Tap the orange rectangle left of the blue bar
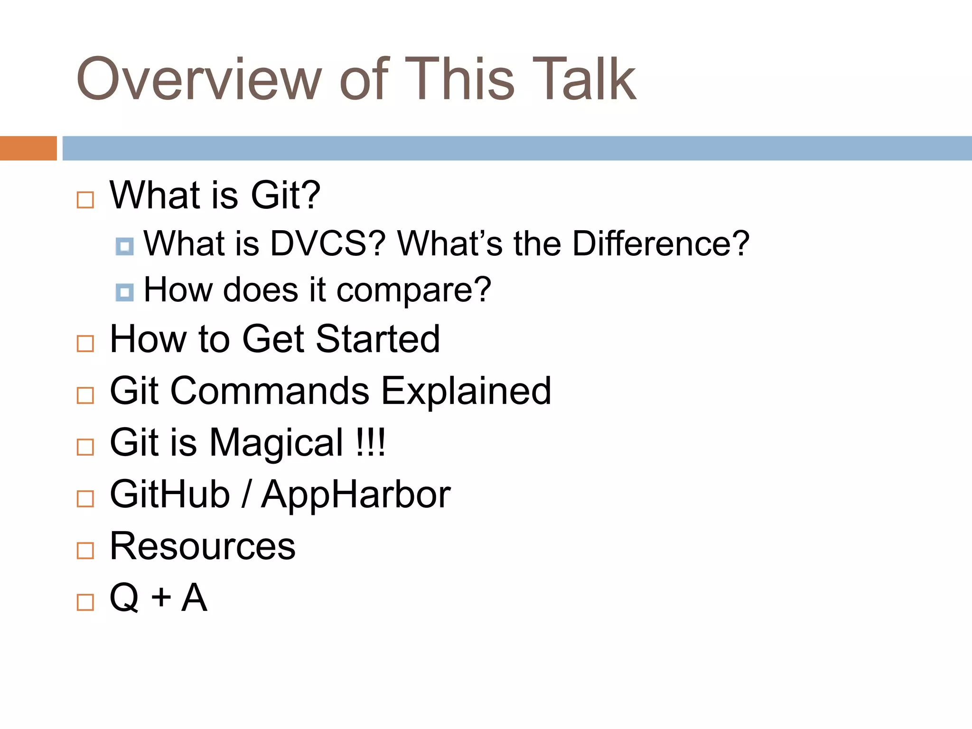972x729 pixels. pyautogui.click(x=28, y=148)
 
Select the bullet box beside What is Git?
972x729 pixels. pyautogui.click(x=85, y=200)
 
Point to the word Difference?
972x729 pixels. pyautogui.click(x=661, y=244)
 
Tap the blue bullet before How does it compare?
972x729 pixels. pyautogui.click(x=124, y=292)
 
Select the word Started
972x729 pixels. pyautogui.click(x=378, y=339)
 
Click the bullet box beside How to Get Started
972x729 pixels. pyautogui.click(x=85, y=344)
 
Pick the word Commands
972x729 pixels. pyautogui.click(x=270, y=391)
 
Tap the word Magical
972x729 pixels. pyautogui.click(x=276, y=443)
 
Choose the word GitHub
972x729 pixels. pyautogui.click(x=169, y=495)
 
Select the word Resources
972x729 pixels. pyautogui.click(x=202, y=546)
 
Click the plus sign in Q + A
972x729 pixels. pyautogui.click(x=161, y=597)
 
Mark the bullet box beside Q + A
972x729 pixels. pyautogui.click(x=85, y=602)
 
